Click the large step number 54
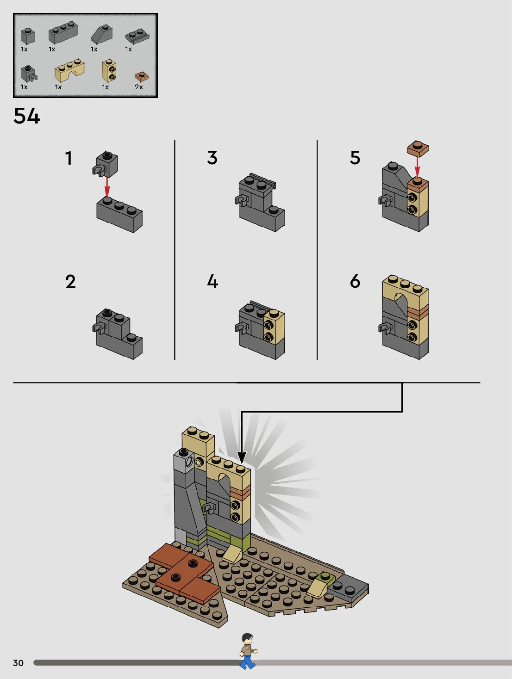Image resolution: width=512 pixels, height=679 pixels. [x=26, y=116]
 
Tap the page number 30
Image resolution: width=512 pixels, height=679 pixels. [x=18, y=663]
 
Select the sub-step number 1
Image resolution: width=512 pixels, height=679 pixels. [x=69, y=158]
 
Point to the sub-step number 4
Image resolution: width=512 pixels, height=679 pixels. [x=212, y=281]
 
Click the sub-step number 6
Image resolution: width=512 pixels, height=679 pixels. [x=355, y=281]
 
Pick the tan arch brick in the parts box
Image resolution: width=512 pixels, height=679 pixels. [x=70, y=70]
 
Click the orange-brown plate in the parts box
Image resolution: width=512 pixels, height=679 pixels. [x=141, y=76]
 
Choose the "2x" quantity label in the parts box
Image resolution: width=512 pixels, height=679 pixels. [x=139, y=87]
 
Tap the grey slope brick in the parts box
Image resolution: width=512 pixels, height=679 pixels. [x=101, y=34]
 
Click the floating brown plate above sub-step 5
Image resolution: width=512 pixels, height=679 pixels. [x=418, y=148]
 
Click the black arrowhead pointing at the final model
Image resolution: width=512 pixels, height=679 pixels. [x=241, y=458]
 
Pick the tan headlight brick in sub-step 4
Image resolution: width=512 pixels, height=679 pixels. [x=274, y=327]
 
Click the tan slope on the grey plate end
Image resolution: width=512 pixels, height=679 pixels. [x=318, y=586]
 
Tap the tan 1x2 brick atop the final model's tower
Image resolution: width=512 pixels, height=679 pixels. [x=198, y=442]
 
